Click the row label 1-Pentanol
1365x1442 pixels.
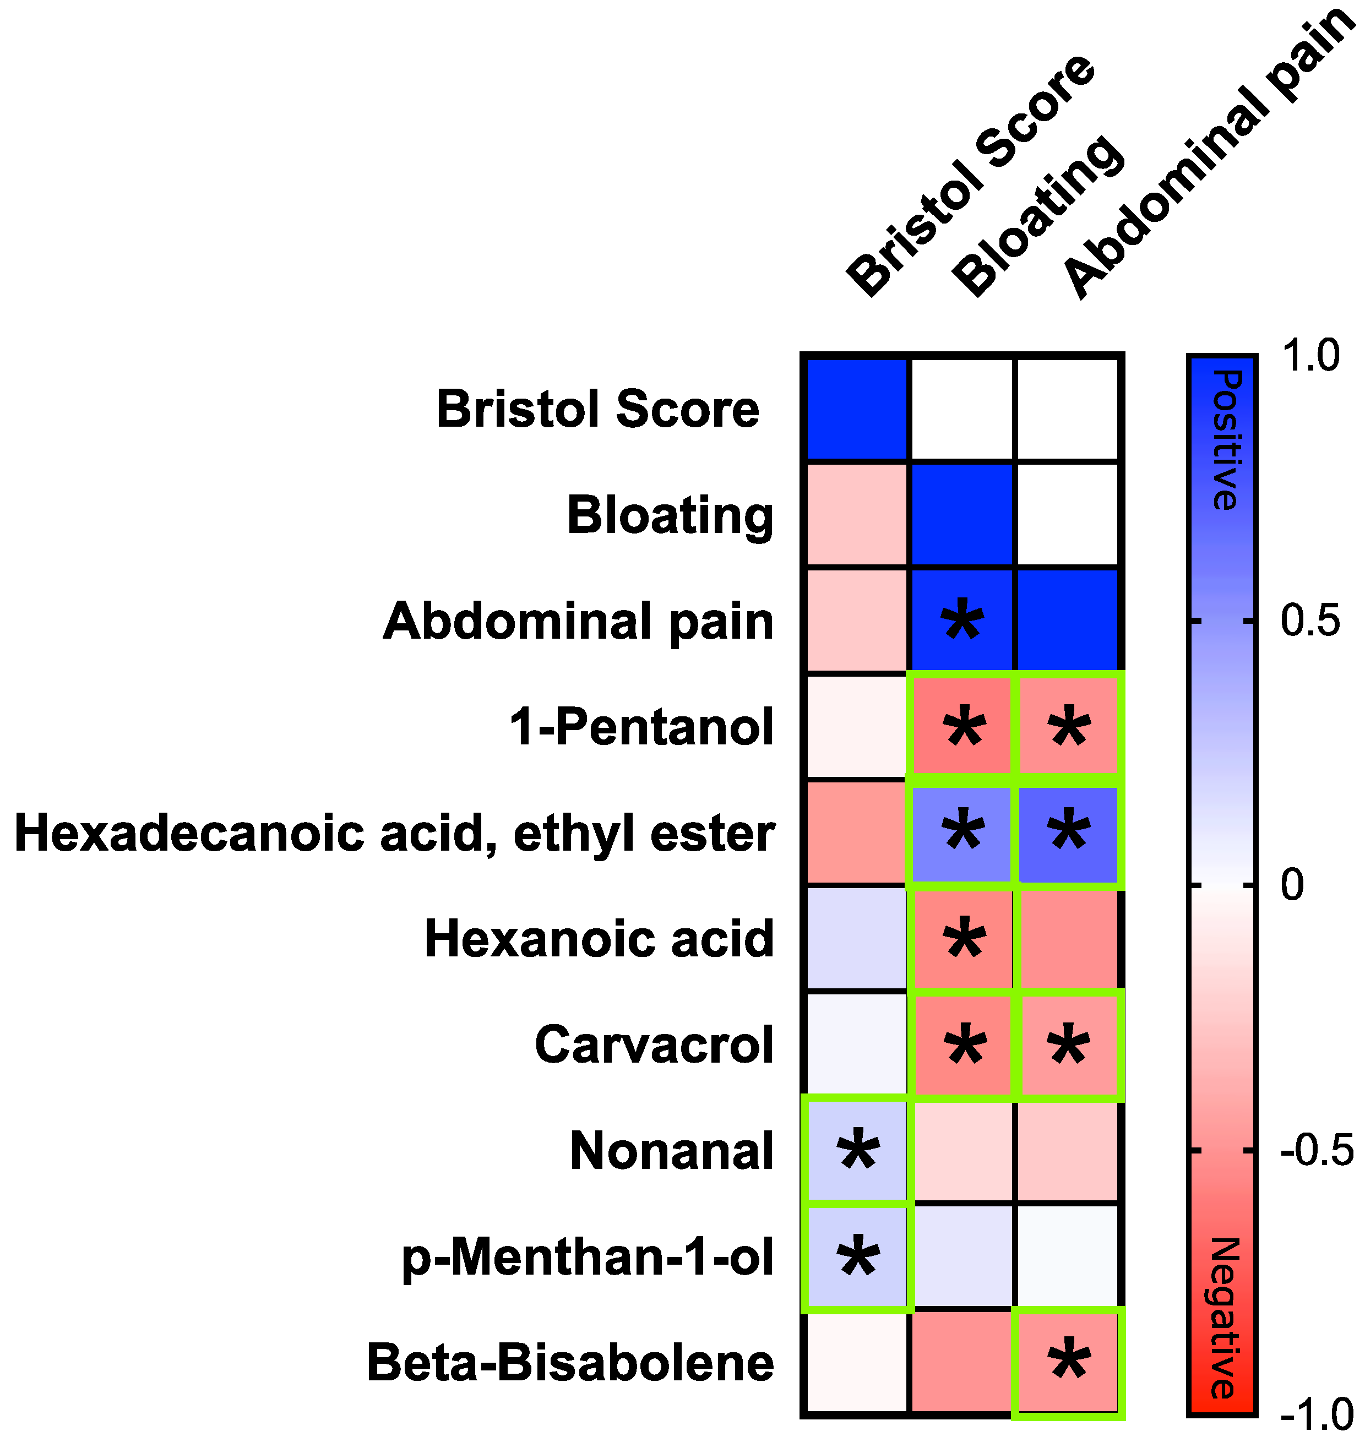pos(641,727)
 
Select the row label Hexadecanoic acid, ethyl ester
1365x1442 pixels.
pos(394,833)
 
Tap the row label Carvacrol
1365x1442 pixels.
pos(654,1045)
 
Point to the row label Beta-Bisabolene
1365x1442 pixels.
pos(570,1362)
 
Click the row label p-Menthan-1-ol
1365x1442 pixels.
pos(588,1256)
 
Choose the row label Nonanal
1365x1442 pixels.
pos(671,1151)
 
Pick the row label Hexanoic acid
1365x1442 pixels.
pos(599,939)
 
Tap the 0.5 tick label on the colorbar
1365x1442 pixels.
pos(1310,621)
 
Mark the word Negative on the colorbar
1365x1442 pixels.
pos(1225,1318)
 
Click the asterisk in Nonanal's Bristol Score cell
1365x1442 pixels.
pos(858,1150)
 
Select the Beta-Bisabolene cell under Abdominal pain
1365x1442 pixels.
pos(1068,1362)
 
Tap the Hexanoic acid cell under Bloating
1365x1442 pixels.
pos(962,939)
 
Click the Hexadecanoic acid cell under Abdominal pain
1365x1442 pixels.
pos(1068,833)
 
